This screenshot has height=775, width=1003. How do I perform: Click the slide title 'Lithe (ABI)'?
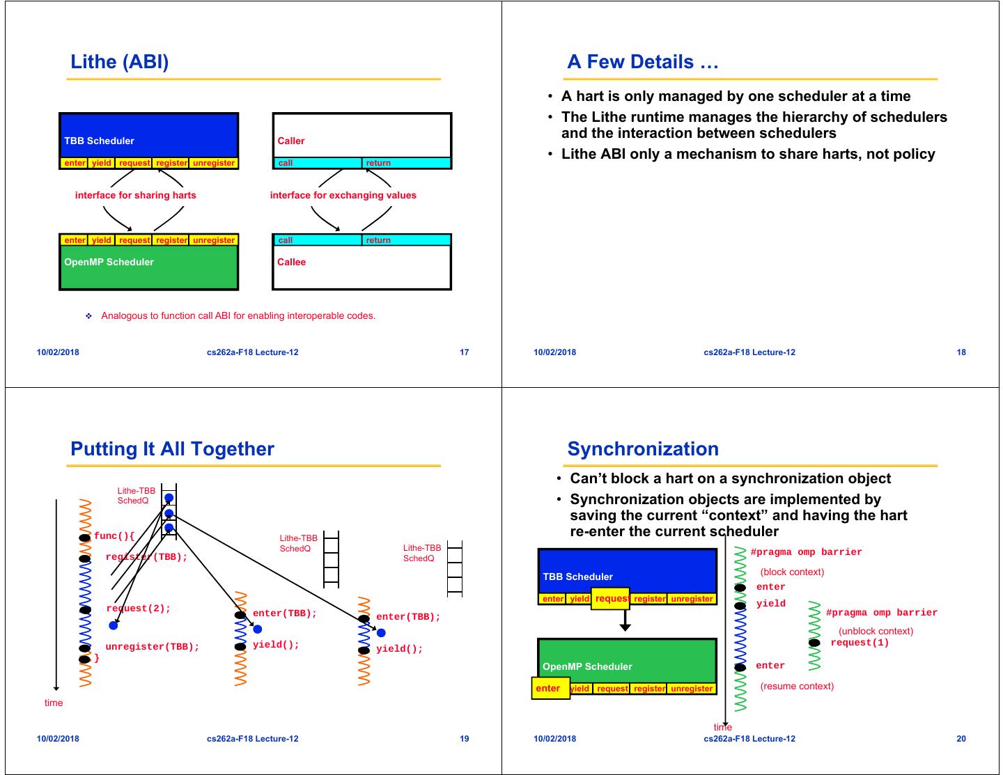click(119, 62)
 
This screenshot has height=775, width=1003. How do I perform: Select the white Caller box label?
click(291, 141)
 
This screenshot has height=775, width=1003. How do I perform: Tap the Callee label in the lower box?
click(291, 262)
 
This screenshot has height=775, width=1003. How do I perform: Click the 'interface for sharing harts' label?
click(135, 195)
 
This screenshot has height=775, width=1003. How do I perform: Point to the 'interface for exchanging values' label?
click(343, 195)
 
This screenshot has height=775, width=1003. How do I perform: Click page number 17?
click(465, 352)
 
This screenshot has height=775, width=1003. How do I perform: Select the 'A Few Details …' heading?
click(642, 62)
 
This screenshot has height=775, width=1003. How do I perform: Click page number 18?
click(961, 352)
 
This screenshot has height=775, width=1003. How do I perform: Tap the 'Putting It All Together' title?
click(172, 449)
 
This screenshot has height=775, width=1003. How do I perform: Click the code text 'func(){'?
click(114, 536)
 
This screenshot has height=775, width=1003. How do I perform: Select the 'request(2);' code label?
click(139, 609)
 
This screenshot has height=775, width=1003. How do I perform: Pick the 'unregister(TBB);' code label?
click(152, 647)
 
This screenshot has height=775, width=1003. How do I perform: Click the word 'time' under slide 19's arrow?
click(54, 703)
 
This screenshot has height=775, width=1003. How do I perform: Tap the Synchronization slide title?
click(642, 449)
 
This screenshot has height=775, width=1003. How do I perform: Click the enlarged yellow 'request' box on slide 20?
click(610, 599)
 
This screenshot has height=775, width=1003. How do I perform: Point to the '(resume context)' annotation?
click(797, 686)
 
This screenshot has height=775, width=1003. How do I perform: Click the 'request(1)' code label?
click(860, 643)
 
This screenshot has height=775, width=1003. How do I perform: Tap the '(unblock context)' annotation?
click(876, 631)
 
